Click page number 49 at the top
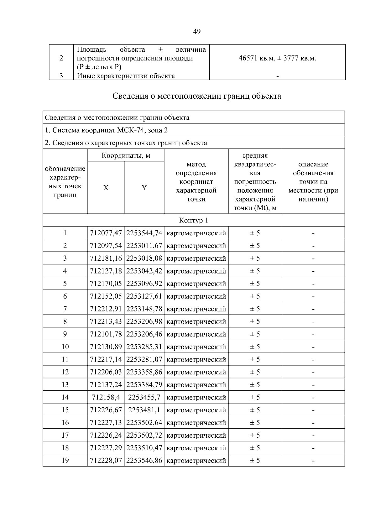197,31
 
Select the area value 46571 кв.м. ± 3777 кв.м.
277,58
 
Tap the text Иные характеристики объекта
126,76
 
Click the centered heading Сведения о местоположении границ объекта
197,96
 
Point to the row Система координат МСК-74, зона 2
107,130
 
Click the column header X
106,188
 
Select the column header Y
144,188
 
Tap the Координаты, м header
126,155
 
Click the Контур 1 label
193,220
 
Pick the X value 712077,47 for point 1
106,233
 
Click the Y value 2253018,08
144,258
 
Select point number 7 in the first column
65,309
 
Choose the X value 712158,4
106,397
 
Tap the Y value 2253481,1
144,410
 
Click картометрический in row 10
196,347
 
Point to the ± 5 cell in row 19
255,461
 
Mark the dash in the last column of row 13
313,385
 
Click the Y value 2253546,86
144,461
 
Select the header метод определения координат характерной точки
196,182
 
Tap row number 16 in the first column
65,423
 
